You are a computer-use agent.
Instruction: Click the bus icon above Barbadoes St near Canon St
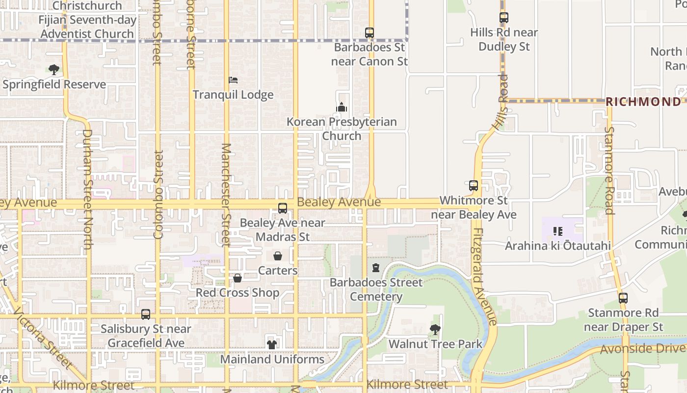[370, 33]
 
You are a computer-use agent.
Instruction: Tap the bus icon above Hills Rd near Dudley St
[503, 18]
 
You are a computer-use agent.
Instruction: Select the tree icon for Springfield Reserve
[54, 69]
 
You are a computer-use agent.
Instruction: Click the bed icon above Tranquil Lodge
[233, 80]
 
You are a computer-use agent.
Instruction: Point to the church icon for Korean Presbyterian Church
[342, 107]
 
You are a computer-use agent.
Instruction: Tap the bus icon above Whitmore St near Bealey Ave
[474, 186]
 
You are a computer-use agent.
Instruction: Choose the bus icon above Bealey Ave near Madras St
[283, 208]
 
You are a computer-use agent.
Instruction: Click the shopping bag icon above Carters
[278, 256]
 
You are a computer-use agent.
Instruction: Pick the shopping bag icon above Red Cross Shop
[238, 278]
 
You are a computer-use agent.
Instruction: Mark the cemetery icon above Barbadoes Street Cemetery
[376, 268]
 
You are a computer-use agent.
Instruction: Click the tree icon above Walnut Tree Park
[435, 329]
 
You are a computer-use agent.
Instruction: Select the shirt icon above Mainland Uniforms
[272, 344]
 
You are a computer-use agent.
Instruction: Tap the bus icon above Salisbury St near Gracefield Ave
[146, 314]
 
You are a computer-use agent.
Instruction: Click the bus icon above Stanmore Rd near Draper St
[623, 298]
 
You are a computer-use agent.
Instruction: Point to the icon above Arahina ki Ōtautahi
[557, 231]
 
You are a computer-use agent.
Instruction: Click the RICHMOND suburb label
[643, 102]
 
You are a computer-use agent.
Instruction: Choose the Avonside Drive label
[642, 349]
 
